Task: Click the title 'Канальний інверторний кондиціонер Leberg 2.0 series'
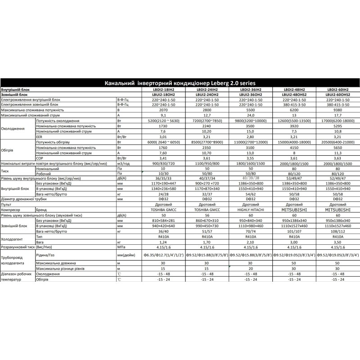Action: tap(180, 84)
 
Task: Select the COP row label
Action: tap(40, 158)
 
